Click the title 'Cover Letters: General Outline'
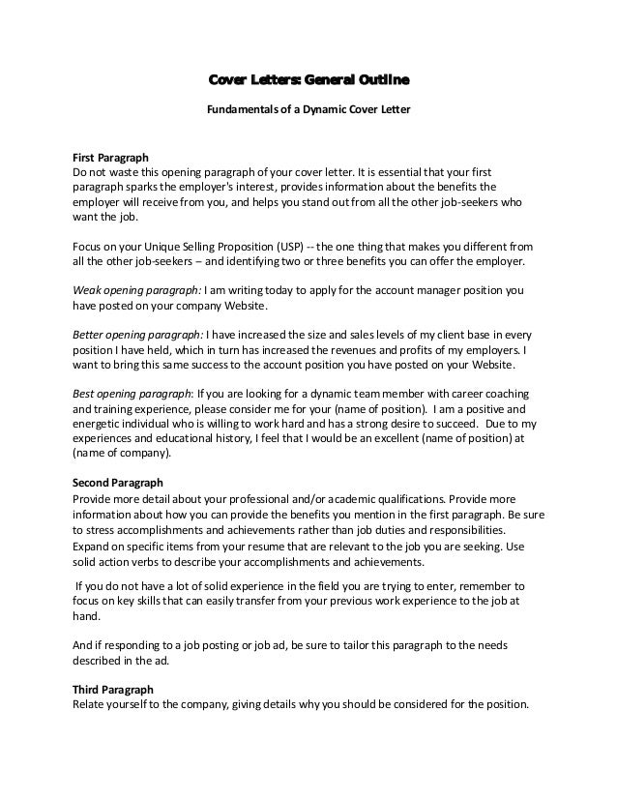[308, 78]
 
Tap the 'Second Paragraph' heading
[118, 481]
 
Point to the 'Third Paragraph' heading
[113, 689]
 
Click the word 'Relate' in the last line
[92, 704]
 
